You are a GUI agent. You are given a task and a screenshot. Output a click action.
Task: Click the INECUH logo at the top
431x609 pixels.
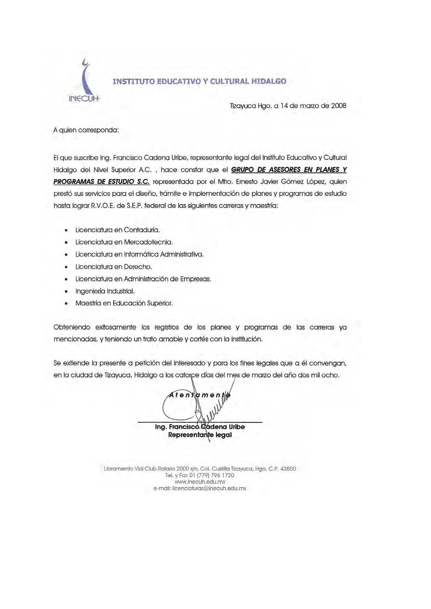point(84,82)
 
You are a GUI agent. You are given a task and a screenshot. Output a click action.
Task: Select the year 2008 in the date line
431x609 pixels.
point(339,106)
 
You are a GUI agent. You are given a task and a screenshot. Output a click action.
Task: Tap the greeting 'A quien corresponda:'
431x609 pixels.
point(86,130)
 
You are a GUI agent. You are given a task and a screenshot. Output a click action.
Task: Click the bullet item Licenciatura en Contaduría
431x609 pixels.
point(117,230)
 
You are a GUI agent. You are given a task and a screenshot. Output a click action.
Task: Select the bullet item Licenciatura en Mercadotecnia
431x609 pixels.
point(124,242)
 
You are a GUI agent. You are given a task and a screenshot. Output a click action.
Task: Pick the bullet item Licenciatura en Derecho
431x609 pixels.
point(114,267)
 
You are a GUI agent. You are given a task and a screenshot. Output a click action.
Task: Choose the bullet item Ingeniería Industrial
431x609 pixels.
point(105,291)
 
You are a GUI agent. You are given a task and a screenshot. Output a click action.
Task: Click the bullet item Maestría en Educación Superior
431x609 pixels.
point(124,303)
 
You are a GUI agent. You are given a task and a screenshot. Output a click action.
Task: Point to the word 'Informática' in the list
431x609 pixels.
point(141,254)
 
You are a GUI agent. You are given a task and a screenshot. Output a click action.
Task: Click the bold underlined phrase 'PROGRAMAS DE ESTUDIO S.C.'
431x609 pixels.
point(101,182)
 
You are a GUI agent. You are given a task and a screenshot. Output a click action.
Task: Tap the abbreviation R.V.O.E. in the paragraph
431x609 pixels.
point(103,206)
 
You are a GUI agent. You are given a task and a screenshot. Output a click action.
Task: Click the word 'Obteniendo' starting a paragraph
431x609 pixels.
point(72,327)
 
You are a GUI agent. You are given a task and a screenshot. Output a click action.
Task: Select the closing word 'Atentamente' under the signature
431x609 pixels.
point(199,395)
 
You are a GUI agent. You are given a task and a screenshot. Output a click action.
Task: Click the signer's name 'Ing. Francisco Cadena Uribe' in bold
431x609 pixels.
point(200,427)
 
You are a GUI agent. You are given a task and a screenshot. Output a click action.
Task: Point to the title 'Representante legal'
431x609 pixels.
point(200,435)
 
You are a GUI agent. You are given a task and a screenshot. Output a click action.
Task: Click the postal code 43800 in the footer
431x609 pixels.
point(288,469)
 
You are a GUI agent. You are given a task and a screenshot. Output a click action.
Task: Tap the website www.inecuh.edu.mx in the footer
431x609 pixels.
point(200,482)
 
